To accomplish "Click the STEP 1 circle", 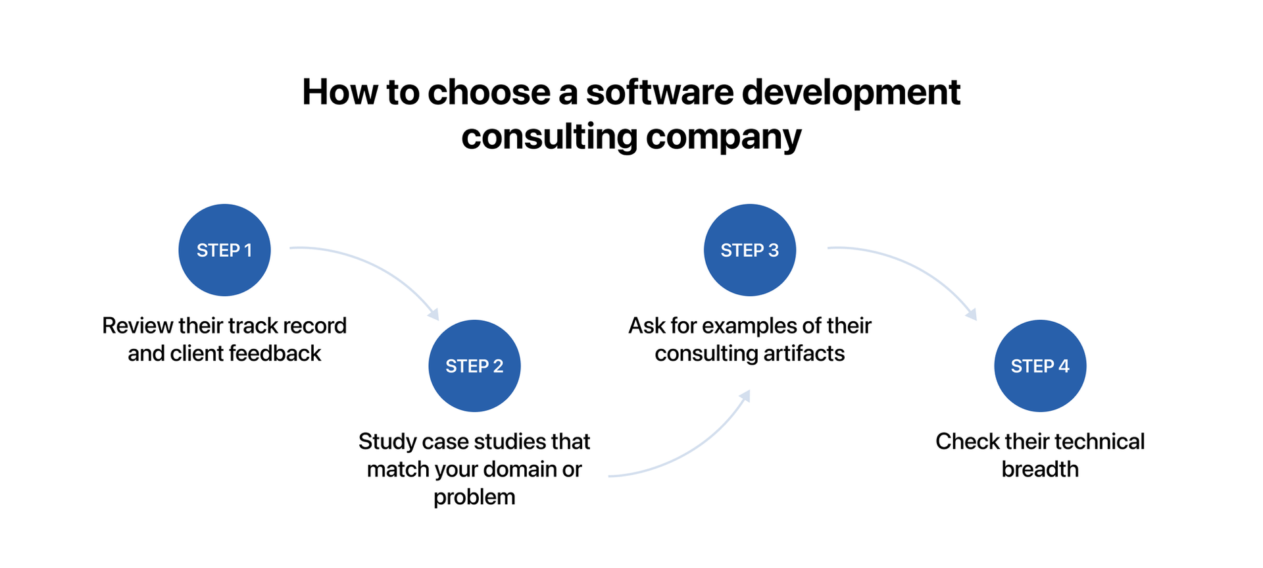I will (224, 250).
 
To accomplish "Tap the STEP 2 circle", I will (474, 366).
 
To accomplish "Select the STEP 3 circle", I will (749, 250).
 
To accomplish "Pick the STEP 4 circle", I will (1039, 366).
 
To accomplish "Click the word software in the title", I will (659, 92).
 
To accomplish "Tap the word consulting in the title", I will (549, 137).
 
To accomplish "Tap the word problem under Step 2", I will (474, 498).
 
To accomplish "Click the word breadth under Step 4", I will (1039, 469).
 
